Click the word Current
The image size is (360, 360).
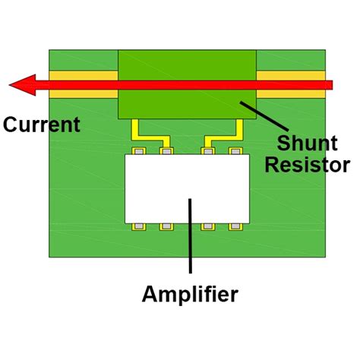(x=41, y=125)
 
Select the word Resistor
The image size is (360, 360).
(x=307, y=165)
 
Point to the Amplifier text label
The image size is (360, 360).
(x=190, y=294)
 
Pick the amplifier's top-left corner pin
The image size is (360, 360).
(x=138, y=151)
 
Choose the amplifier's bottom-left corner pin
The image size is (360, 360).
(x=138, y=226)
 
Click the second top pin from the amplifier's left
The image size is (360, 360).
(x=166, y=151)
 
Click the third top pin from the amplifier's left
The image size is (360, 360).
(x=207, y=151)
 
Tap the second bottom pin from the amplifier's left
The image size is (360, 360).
(x=166, y=226)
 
